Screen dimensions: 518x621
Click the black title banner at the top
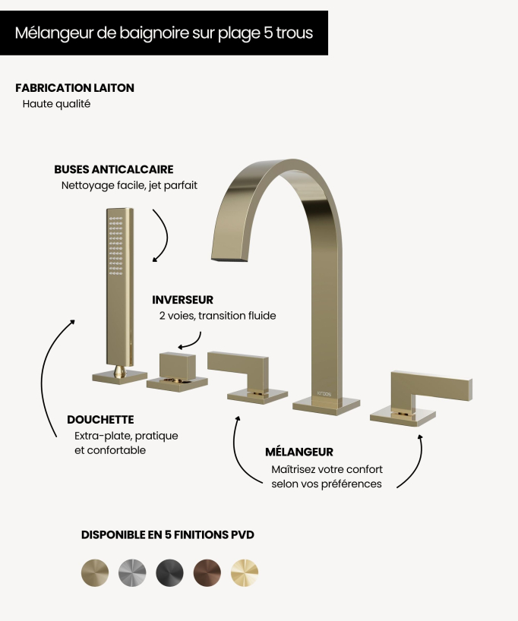[164, 33]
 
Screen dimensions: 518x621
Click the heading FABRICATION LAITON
[75, 88]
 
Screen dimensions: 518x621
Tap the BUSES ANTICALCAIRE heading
[114, 169]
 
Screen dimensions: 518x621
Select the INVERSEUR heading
[183, 300]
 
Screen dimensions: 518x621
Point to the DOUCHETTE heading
[100, 419]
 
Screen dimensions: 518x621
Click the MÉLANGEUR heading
[299, 452]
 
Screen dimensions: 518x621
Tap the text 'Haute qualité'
[56, 104]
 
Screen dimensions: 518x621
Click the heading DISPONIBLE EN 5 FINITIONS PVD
[168, 534]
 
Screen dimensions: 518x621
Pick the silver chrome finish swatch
[132, 572]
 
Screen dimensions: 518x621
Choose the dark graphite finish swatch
[169, 572]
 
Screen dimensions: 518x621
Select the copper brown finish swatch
[207, 572]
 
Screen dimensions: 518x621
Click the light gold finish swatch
[245, 572]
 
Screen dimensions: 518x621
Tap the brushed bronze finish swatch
[95, 572]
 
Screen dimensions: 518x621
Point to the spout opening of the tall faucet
[229, 260]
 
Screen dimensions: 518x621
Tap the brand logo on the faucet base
[324, 394]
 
